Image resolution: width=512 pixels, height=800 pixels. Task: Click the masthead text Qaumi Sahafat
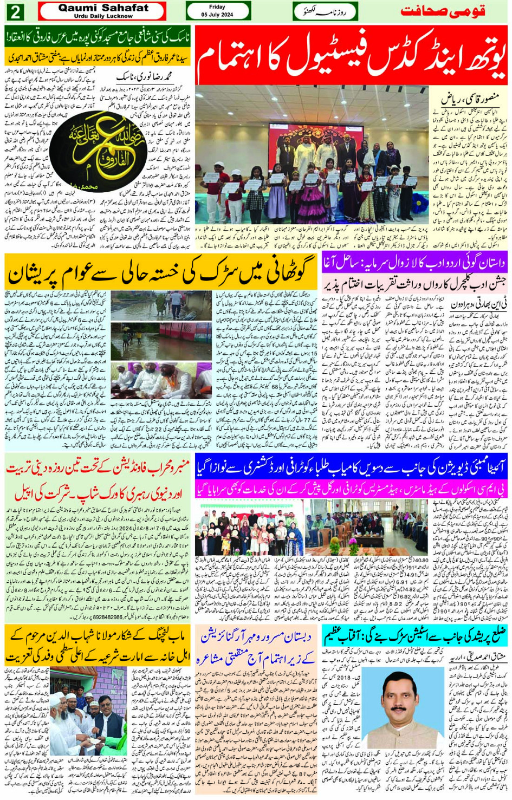(103, 8)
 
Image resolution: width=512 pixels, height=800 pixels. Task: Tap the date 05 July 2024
(217, 15)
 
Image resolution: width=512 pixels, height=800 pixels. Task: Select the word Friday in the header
(217, 7)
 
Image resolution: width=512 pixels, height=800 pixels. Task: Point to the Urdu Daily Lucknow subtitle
(103, 16)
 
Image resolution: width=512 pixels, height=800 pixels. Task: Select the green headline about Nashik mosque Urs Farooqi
(98, 37)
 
